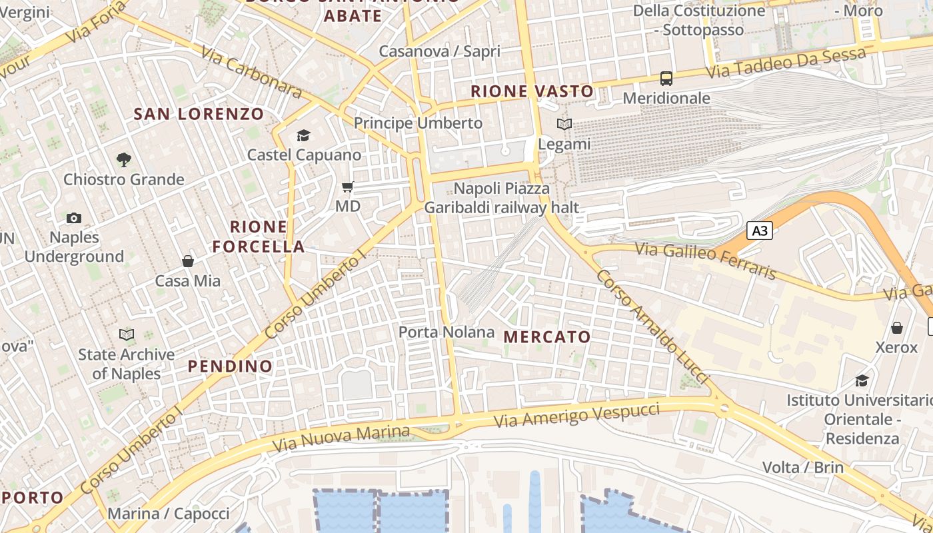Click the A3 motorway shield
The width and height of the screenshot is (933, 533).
(759, 231)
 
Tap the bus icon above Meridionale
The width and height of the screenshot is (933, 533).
(666, 79)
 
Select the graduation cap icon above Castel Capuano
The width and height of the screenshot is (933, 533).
(304, 136)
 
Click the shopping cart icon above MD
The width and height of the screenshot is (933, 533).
(347, 187)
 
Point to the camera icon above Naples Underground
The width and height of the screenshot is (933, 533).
(74, 218)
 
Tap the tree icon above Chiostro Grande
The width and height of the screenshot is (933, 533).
(123, 160)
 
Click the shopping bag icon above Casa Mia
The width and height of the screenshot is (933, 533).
(188, 261)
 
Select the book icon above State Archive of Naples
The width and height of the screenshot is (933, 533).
(126, 334)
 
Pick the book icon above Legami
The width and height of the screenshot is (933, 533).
(564, 125)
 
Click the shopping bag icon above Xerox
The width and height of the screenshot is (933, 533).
(896, 328)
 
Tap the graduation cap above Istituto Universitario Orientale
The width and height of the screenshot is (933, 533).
(862, 381)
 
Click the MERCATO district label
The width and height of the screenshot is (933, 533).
(547, 337)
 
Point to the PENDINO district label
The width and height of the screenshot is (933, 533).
(230, 366)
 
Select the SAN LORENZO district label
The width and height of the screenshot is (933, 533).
(199, 114)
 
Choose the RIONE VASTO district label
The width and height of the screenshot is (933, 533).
(532, 91)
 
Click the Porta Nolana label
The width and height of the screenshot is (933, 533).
(447, 332)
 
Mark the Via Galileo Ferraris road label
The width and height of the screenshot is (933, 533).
(706, 261)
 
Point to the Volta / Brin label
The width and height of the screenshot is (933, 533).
(803, 467)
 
